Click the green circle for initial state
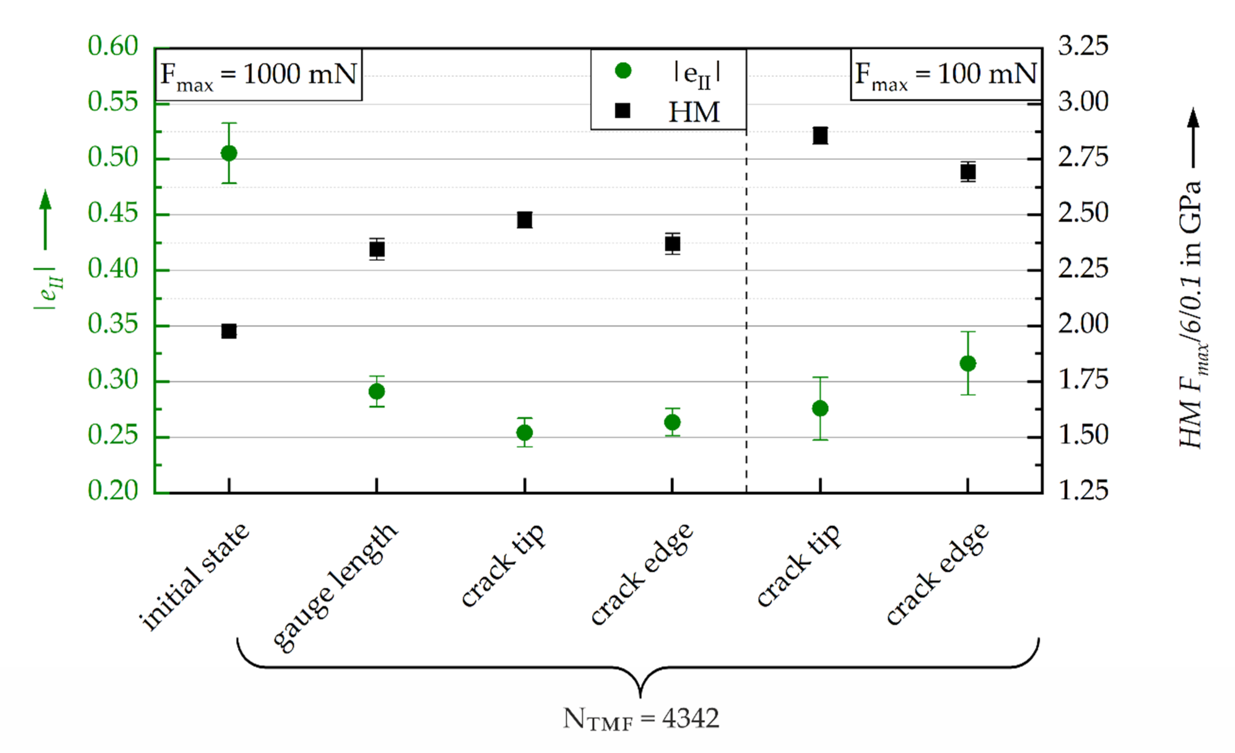point(229,153)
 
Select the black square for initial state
point(229,331)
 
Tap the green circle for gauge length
point(377,391)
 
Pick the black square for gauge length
point(377,249)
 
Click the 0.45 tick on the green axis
point(113,214)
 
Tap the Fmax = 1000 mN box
point(259,75)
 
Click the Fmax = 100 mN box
point(946,75)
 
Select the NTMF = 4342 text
point(641,719)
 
